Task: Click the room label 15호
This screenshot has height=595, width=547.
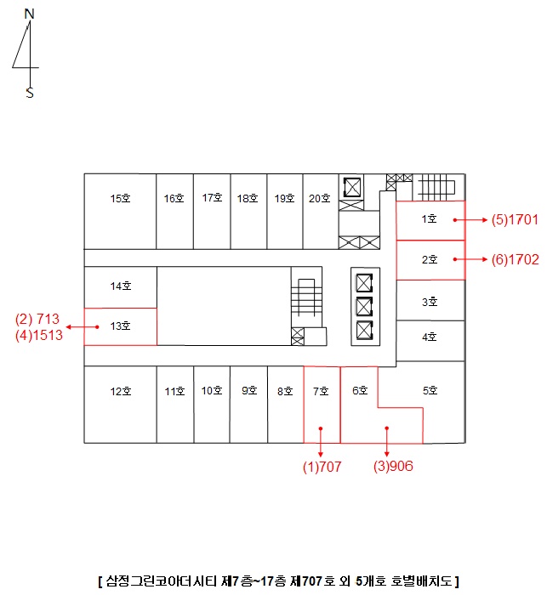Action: [x=120, y=198]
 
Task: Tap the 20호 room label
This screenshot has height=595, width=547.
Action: [x=319, y=198]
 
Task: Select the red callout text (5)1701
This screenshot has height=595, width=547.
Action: [x=515, y=219]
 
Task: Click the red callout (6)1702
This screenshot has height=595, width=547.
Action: [x=515, y=259]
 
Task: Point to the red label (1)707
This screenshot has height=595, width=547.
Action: [x=322, y=467]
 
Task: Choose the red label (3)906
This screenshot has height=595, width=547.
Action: [x=393, y=466]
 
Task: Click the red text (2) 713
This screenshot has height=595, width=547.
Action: [x=37, y=319]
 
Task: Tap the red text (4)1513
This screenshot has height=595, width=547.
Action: [x=39, y=335]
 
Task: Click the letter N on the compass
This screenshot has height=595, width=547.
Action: [x=29, y=14]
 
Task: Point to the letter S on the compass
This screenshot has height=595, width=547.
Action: [x=30, y=93]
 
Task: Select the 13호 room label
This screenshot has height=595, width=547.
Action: [x=120, y=326]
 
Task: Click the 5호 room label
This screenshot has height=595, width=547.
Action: [x=430, y=390]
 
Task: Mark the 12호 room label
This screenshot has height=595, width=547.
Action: [x=121, y=391]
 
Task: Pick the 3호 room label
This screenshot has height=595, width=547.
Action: [x=430, y=302]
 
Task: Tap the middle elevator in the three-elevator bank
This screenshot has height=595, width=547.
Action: [x=364, y=307]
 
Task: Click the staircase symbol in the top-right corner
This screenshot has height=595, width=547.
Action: [x=436, y=187]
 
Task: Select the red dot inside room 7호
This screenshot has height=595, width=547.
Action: [x=321, y=428]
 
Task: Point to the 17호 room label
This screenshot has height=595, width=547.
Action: [x=212, y=198]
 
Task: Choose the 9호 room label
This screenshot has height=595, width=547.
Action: [x=249, y=390]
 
